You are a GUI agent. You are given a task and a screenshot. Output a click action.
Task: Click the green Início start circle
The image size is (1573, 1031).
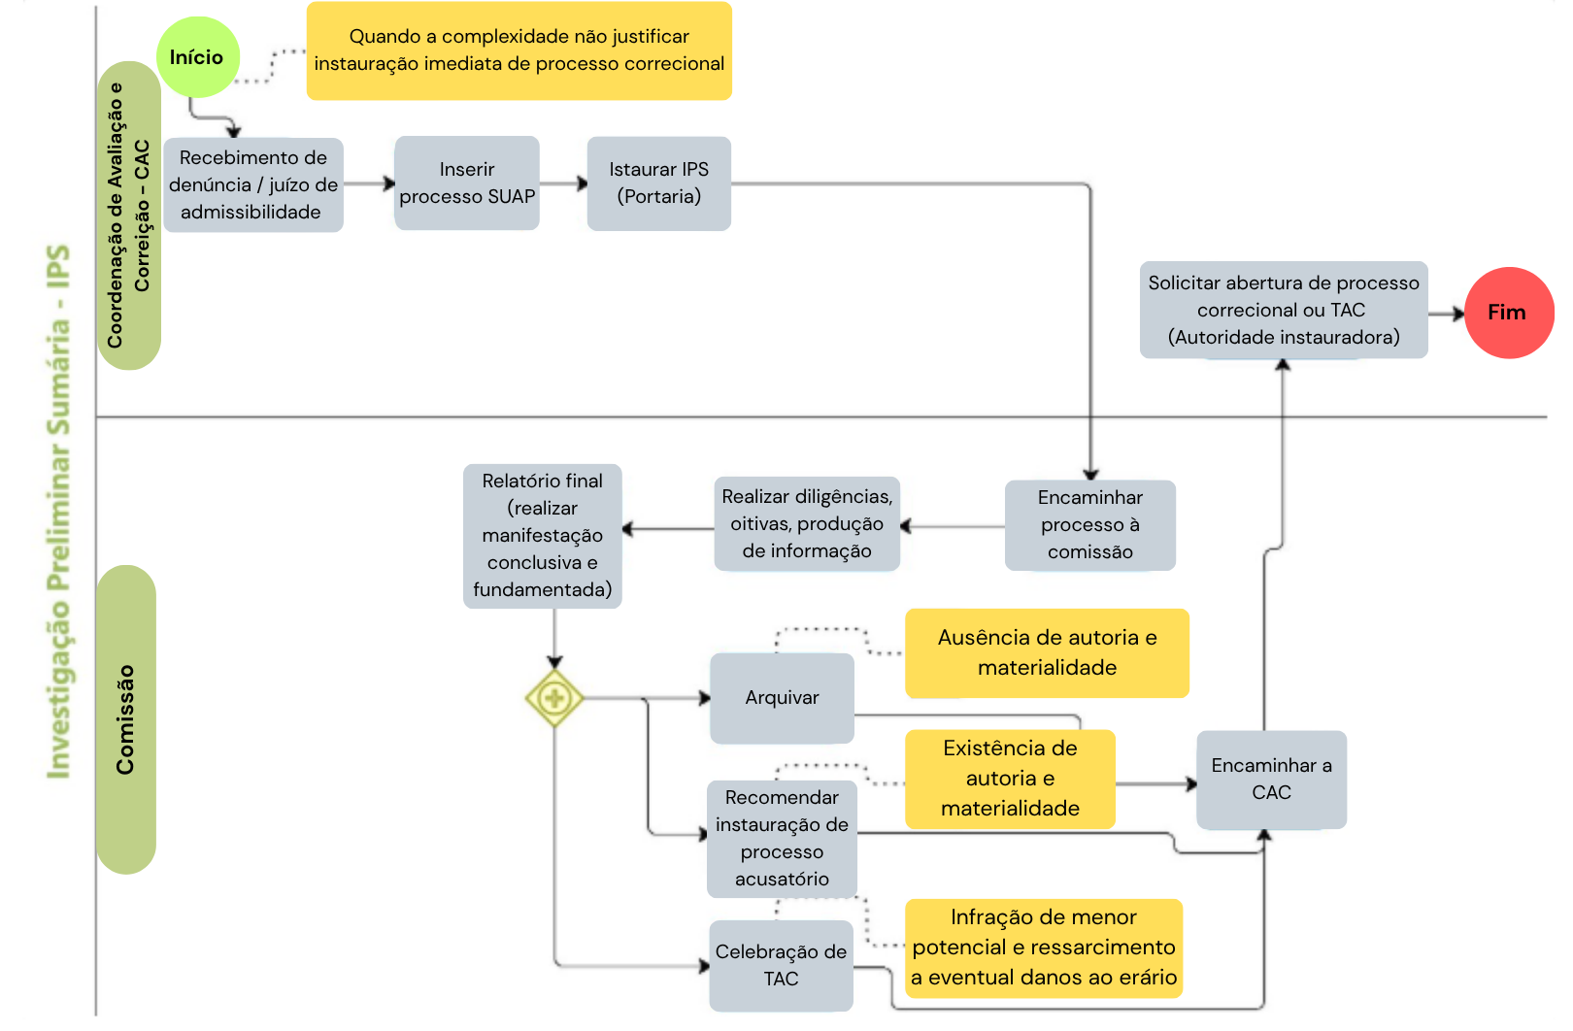coord(197,57)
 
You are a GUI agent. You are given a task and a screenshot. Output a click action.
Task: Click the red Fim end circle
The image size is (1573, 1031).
coord(1509,313)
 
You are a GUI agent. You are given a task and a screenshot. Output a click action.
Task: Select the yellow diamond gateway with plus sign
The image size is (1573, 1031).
coord(554,698)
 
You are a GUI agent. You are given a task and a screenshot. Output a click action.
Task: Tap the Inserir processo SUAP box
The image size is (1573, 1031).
coord(467,183)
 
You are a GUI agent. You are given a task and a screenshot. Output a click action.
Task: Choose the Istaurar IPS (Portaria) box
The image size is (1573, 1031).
coord(658,183)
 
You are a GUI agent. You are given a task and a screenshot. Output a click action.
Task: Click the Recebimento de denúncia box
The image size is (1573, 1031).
coord(253,184)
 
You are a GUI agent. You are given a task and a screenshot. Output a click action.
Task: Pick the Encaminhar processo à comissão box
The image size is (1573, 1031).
coord(1089,524)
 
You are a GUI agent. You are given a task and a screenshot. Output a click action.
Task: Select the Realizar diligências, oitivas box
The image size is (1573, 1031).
coord(807,524)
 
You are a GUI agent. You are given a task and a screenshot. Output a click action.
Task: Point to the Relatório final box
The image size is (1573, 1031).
coord(542,536)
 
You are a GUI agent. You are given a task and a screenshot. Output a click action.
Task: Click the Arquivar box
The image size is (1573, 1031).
coord(782,698)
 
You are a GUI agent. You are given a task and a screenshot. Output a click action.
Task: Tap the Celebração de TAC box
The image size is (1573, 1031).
coord(781,966)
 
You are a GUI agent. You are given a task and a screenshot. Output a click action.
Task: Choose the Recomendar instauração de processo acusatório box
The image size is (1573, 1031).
coord(782,839)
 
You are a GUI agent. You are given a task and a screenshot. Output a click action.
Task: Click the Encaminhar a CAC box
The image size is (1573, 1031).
coord(1271,780)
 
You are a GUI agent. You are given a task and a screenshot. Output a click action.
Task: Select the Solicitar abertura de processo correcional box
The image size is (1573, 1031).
coord(1284,310)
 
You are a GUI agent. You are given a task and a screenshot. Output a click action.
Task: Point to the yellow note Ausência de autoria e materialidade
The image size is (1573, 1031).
coord(1047,652)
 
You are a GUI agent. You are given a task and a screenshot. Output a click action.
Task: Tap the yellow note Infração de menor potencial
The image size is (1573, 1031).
coord(1044,948)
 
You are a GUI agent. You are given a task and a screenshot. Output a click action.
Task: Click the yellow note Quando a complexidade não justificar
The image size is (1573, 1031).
coord(519,50)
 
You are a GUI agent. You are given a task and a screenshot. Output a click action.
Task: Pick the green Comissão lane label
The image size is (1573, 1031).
coord(125,719)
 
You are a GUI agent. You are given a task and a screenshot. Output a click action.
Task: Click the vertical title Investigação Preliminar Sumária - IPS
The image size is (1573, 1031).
coord(58,512)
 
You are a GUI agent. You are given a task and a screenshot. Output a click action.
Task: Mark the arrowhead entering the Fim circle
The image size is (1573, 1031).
coord(1458,314)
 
